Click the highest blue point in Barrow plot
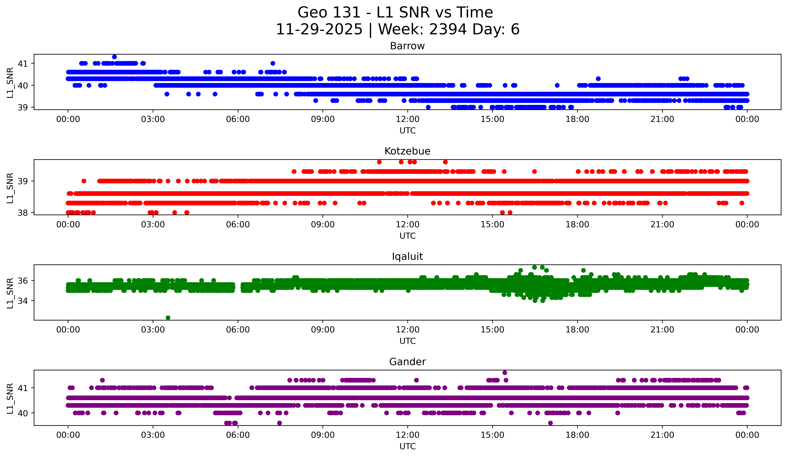click(115, 57)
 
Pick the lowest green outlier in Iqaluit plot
click(168, 318)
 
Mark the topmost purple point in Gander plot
click(505, 373)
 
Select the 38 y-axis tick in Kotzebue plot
click(22, 213)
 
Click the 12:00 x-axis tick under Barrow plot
click(408, 119)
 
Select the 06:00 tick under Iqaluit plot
click(238, 330)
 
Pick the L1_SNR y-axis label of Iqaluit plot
click(10, 293)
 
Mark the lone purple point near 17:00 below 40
click(550, 423)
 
